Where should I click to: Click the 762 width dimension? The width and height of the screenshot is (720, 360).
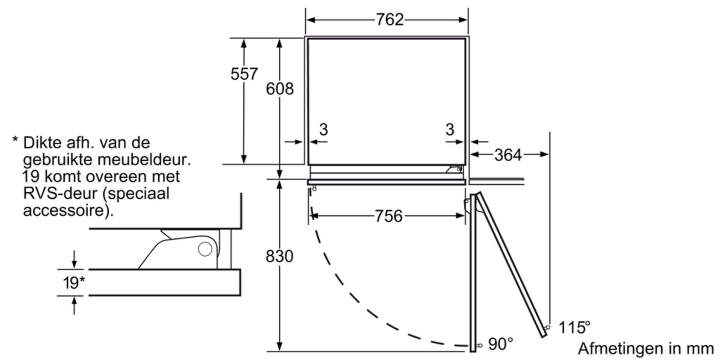click(x=390, y=19)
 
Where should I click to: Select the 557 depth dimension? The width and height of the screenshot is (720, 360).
click(x=244, y=74)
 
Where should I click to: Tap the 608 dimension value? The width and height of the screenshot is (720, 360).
click(x=280, y=89)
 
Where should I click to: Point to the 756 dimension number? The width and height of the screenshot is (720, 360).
click(x=388, y=216)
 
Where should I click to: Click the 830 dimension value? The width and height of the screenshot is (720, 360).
click(x=279, y=256)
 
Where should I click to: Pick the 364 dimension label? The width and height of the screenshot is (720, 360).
click(x=508, y=155)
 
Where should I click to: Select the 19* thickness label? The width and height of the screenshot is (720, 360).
click(x=74, y=283)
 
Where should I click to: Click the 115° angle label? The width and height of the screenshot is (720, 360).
click(x=574, y=328)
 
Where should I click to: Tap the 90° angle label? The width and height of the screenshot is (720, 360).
click(x=500, y=344)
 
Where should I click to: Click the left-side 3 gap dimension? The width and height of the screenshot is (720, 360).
click(x=323, y=130)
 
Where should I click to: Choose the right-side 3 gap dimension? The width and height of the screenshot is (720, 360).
click(x=450, y=130)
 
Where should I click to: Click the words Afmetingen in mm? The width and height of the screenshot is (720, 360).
click(x=646, y=348)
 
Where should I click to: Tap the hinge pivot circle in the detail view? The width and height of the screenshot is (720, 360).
click(x=205, y=249)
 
